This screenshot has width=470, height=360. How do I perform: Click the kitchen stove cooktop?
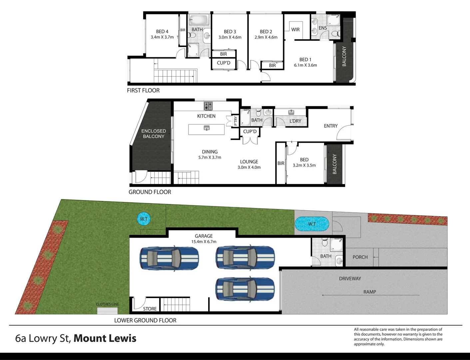[x=208, y=106]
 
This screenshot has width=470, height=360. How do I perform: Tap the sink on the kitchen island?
[x=207, y=128]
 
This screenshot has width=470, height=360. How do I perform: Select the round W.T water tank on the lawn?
[x=144, y=219]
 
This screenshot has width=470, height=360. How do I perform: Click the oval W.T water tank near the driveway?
[x=312, y=224]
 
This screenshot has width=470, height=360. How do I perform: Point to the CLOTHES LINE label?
[x=107, y=304]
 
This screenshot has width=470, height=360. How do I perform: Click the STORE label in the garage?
[x=150, y=309]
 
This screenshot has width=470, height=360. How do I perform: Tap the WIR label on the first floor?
[x=295, y=30]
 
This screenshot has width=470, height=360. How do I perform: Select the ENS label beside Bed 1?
[x=323, y=28]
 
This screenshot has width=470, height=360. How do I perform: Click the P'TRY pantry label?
[x=235, y=121]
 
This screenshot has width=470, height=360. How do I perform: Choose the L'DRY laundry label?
[x=295, y=121]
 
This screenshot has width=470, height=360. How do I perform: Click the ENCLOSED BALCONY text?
[x=154, y=133]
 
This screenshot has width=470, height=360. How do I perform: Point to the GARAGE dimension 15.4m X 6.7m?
[x=204, y=242]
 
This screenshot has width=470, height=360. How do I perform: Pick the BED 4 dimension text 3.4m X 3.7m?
[x=162, y=37]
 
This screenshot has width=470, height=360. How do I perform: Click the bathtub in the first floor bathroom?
[x=199, y=20]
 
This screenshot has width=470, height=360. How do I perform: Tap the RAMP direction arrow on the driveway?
[x=371, y=295]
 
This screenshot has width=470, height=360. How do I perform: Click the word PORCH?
[x=360, y=257]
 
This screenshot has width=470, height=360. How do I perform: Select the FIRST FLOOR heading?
[x=143, y=90]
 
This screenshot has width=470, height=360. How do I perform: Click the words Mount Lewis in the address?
[x=105, y=338]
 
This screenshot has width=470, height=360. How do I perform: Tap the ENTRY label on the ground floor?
[x=331, y=126]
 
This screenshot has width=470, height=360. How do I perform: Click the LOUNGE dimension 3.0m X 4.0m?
[x=249, y=167]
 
